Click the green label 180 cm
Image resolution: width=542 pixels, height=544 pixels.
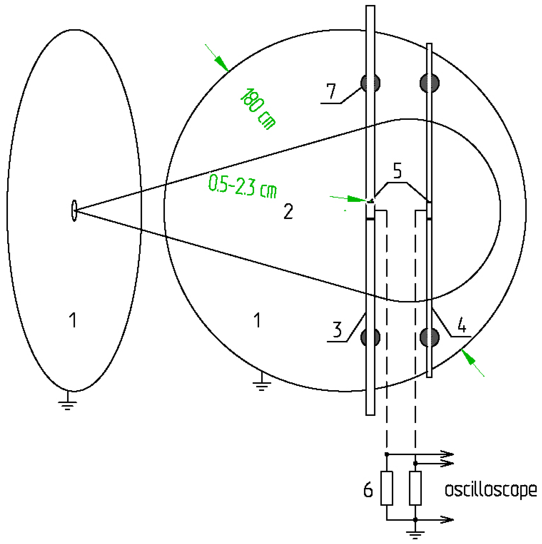pos(258,109)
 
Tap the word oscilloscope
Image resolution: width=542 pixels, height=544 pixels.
pos(490,490)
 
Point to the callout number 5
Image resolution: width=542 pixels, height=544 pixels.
pos(397,170)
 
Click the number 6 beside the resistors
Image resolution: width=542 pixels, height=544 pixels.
pos(368,490)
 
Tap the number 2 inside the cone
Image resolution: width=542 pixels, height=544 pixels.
pos(288,211)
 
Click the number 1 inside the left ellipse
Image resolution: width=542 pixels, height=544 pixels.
pos(73,320)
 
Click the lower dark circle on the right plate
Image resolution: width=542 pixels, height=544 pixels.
pos(429,337)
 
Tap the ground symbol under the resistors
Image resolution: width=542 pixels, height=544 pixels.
pos(415,534)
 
